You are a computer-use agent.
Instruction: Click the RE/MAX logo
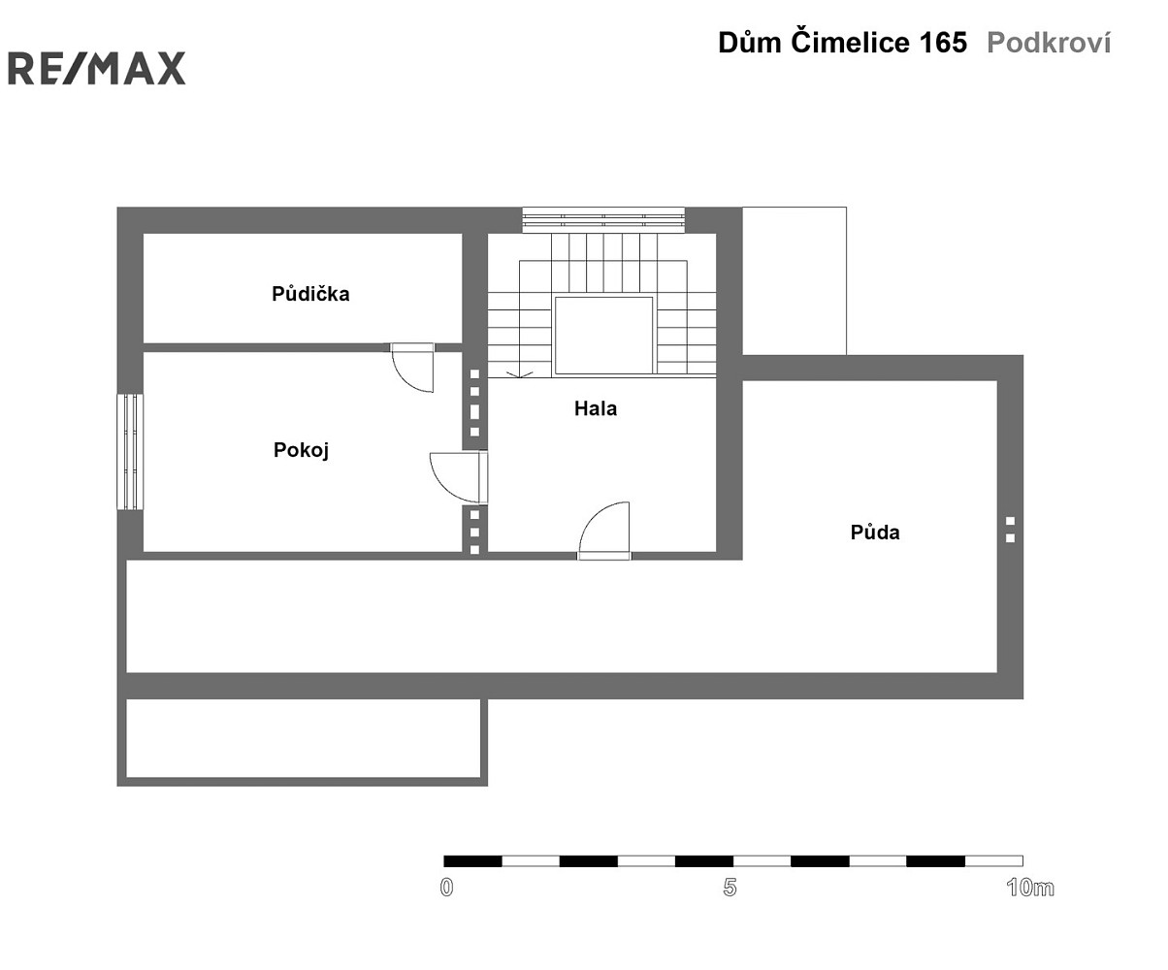pos(96,68)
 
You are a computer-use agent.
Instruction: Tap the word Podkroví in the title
pos(1049,43)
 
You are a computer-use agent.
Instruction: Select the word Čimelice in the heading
pos(850,42)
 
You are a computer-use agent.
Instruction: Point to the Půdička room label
pos(310,293)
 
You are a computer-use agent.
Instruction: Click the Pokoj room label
pos(301,450)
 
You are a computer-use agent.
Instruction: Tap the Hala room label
pos(596,408)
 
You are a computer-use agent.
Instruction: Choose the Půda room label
pos(875,532)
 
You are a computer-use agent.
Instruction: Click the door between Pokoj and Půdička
pos(412,367)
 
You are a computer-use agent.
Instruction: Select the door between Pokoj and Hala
pos(459,477)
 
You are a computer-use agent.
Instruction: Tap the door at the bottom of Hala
pos(604,531)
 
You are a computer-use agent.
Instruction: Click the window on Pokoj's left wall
pos(130,452)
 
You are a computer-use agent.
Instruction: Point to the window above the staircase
pos(603,220)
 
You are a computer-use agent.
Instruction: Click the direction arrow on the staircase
pos(520,374)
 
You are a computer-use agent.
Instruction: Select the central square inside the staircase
pos(603,336)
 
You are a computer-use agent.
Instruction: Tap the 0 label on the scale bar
pos(446,888)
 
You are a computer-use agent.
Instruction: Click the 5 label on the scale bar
pos(730,888)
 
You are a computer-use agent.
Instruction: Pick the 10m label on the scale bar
pos(1030,888)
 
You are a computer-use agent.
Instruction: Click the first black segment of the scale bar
pos(472,861)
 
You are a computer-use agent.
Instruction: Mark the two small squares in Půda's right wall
pos(1010,530)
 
